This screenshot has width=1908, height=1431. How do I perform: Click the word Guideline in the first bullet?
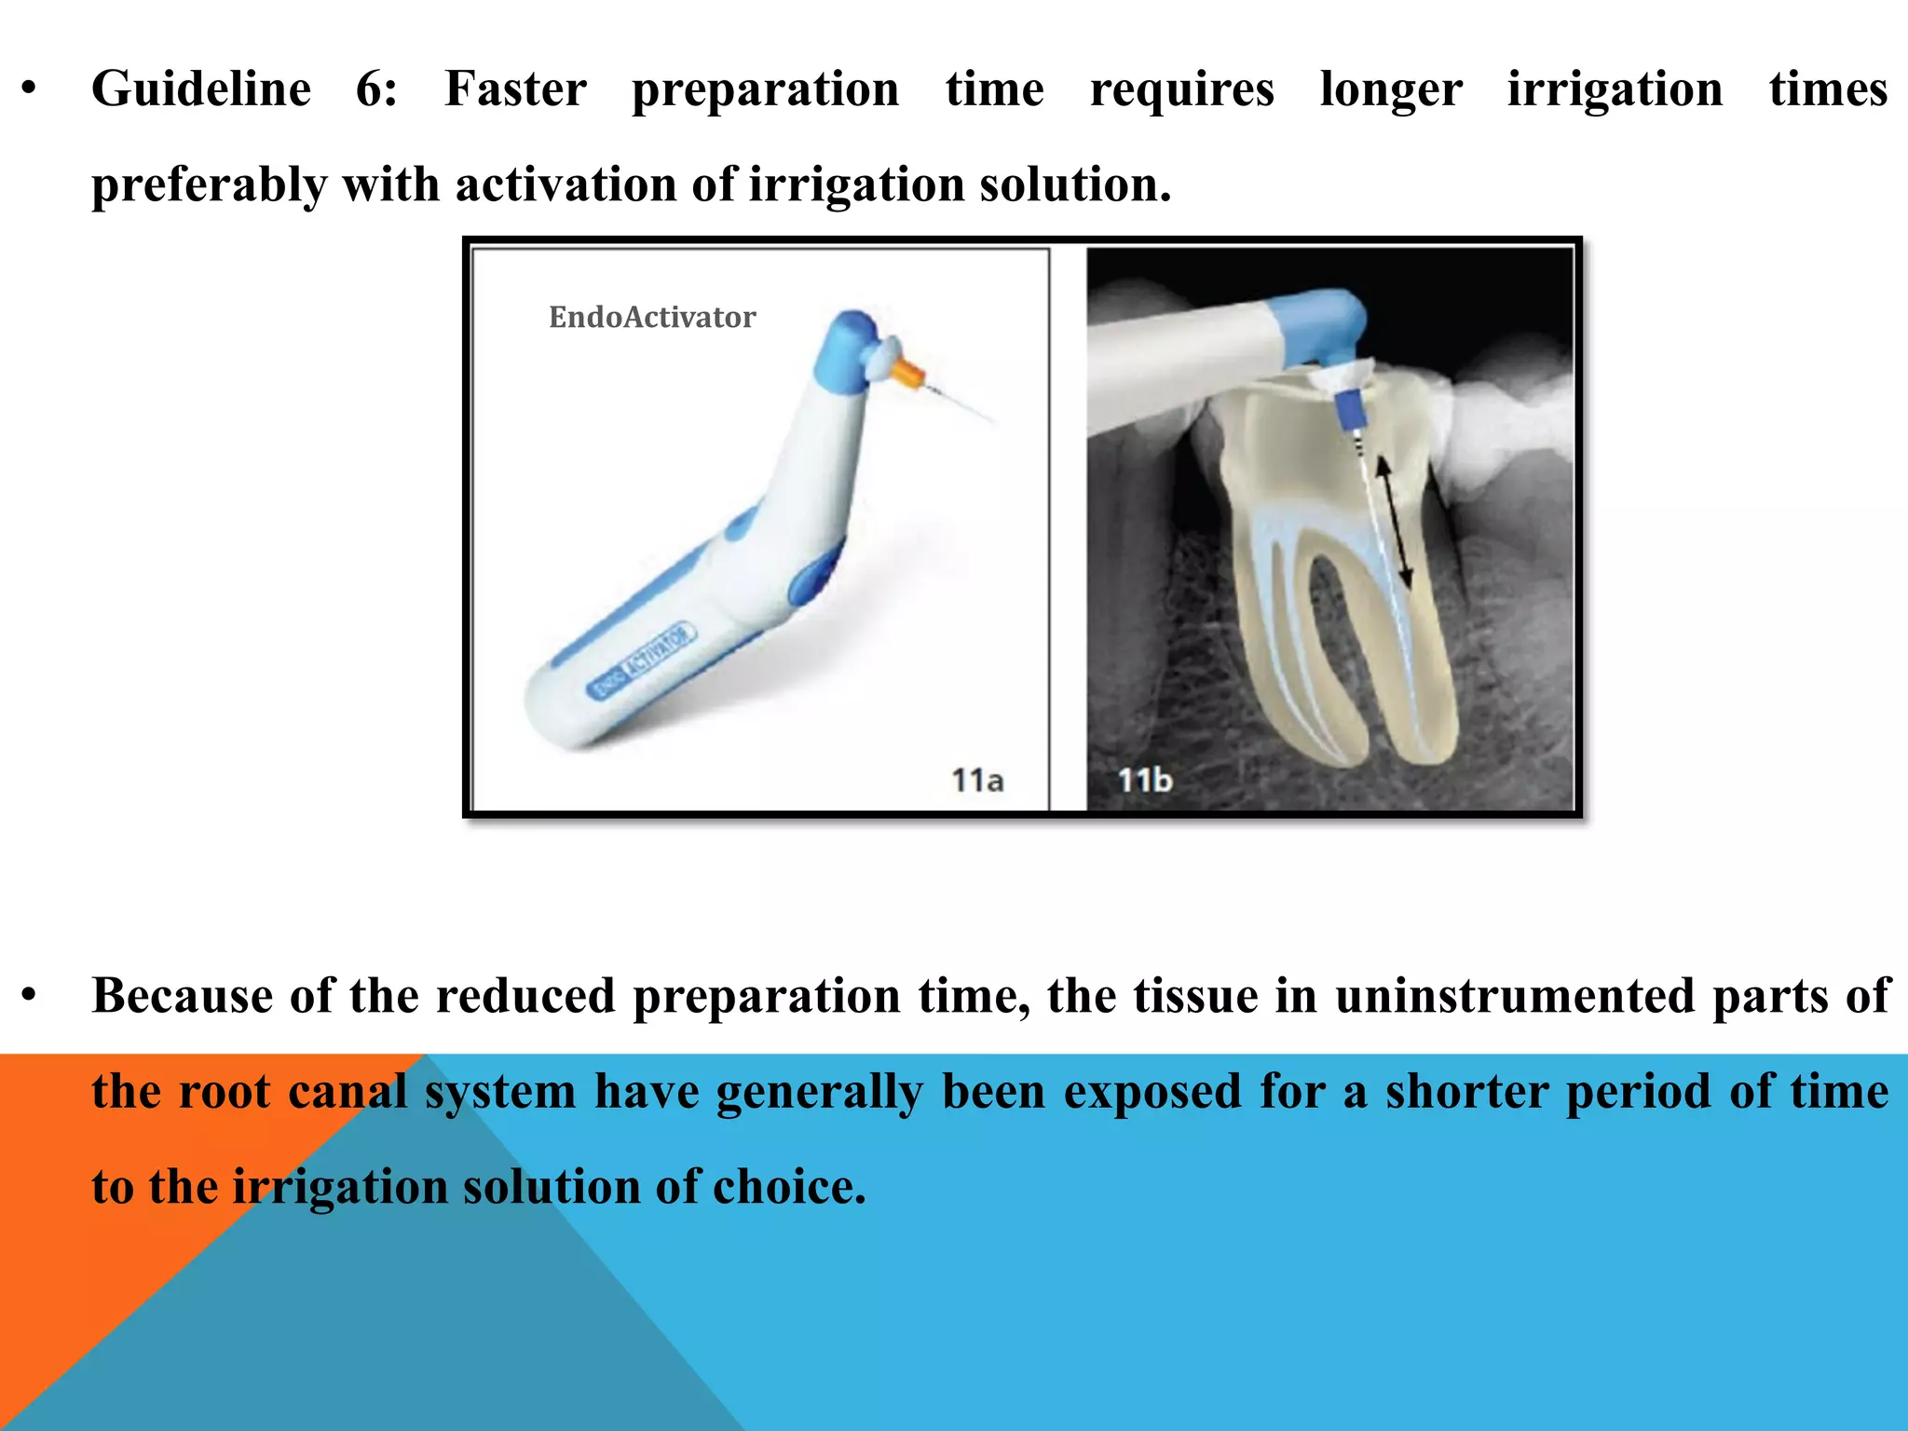click(x=200, y=90)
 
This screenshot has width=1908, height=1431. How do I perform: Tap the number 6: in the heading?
click(x=376, y=90)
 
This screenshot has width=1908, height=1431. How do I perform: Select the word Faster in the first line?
click(x=515, y=90)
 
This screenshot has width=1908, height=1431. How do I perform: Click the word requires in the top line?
click(x=1181, y=90)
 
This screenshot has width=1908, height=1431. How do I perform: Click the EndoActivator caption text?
click(x=651, y=318)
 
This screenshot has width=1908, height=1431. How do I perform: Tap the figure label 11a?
click(x=976, y=780)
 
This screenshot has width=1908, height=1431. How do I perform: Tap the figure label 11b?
click(x=1144, y=780)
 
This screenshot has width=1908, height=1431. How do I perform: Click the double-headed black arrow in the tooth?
click(x=1395, y=523)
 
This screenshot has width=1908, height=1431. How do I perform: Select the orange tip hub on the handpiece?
click(x=906, y=374)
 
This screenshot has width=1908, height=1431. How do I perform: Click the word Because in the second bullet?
click(x=183, y=997)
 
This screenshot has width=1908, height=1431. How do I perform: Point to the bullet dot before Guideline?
click(x=30, y=90)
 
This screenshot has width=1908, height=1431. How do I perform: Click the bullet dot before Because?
click(x=30, y=997)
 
